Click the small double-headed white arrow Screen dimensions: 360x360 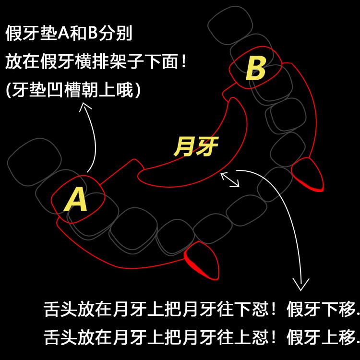[x=230, y=180]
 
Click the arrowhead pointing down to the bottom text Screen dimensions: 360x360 [x=301, y=287]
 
